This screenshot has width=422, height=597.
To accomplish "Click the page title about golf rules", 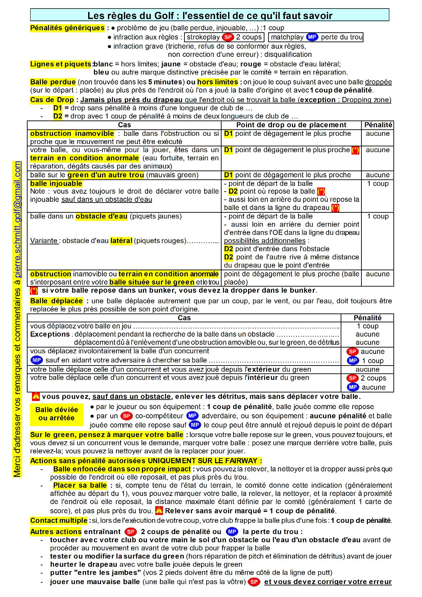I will (x=210, y=15).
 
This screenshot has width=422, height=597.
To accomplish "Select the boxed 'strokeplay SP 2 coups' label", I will (x=224, y=37).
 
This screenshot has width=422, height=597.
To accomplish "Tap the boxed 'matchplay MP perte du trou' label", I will (x=316, y=37).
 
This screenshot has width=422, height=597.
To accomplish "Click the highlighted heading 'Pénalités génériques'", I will (x=67, y=28).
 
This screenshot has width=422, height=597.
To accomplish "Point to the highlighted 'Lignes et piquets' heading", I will (x=61, y=64).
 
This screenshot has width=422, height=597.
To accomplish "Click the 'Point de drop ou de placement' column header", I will (x=291, y=125).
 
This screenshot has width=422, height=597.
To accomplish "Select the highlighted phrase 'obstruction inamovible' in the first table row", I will (x=72, y=133).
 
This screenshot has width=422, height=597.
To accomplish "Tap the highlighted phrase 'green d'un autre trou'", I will (x=105, y=175).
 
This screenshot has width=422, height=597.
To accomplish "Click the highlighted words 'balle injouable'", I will (x=56, y=183).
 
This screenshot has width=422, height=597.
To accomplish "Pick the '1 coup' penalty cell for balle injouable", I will (x=377, y=184).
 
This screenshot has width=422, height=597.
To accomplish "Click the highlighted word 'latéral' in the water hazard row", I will (x=121, y=241).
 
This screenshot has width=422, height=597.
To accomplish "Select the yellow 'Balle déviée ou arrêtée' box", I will (x=56, y=414).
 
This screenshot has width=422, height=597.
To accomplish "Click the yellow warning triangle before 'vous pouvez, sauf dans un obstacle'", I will (x=36, y=396).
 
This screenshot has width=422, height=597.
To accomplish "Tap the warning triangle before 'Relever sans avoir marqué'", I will (x=159, y=511).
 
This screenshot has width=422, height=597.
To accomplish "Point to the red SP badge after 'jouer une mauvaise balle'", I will (x=254, y=582).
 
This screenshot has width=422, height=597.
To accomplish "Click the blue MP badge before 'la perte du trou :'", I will (x=232, y=532).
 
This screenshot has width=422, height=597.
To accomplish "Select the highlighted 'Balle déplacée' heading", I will (x=56, y=301).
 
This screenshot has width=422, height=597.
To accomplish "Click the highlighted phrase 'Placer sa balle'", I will (x=80, y=485).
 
